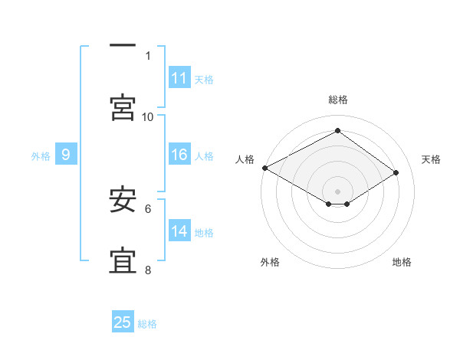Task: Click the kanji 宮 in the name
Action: [x=123, y=107]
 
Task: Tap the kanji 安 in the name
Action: [x=123, y=198]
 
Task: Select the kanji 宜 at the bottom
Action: [x=123, y=260]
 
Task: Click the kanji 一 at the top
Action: [x=123, y=45]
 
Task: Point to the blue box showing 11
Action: [x=179, y=77]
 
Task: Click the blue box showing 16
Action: [x=179, y=154]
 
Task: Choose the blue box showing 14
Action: [x=179, y=230]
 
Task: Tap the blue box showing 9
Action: [x=66, y=154]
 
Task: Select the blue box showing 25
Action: [x=123, y=321]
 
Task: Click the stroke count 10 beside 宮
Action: [x=147, y=117]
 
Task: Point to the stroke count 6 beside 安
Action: [x=148, y=209]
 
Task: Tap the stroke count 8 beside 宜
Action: [x=148, y=270]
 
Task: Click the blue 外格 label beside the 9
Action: [x=41, y=156]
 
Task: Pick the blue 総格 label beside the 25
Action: [x=147, y=324]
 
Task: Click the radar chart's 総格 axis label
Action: [x=338, y=100]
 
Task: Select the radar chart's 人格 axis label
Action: [x=245, y=159]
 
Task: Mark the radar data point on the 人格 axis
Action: [x=265, y=168]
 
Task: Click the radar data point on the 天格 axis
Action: [x=396, y=172]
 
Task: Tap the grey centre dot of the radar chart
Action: [x=337, y=191]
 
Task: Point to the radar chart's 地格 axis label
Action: [x=402, y=262]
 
